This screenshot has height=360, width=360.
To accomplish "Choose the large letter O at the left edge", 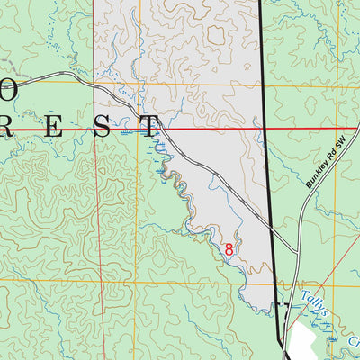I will (5, 90).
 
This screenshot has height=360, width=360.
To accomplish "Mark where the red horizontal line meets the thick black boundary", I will (264, 130).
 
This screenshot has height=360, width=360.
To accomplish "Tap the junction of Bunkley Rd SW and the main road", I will (299, 251).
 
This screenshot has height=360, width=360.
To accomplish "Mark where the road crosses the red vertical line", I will (94, 84).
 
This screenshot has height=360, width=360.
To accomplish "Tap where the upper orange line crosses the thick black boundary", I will (263, 85).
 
